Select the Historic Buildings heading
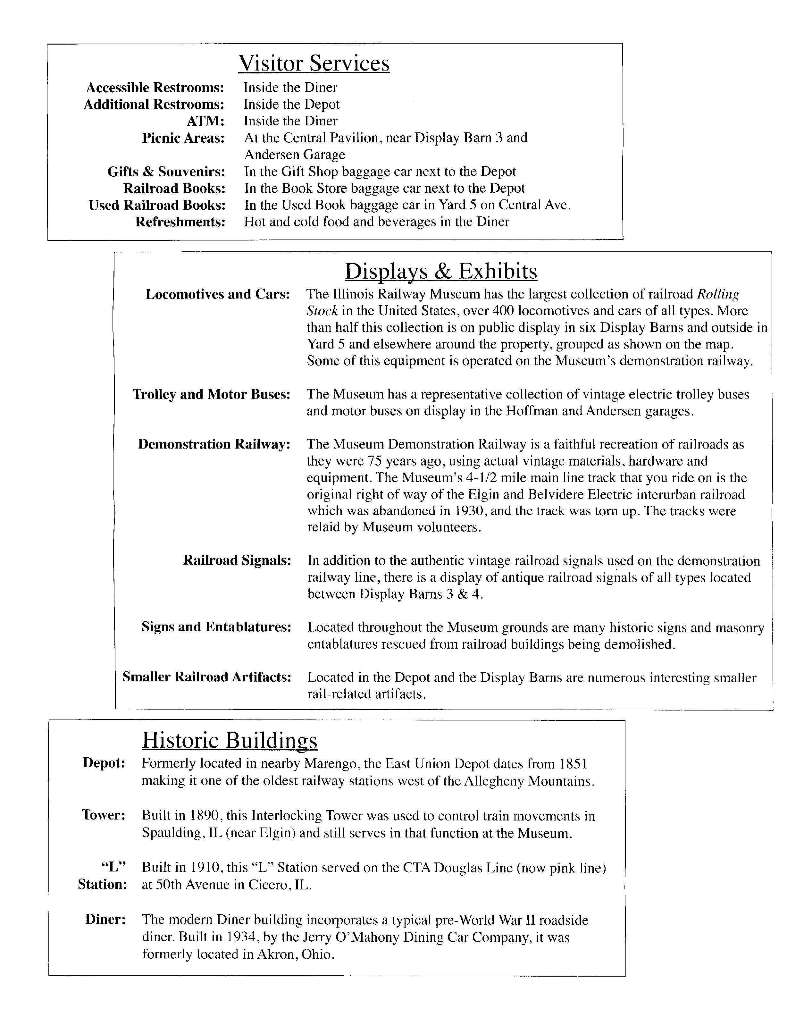(x=229, y=740)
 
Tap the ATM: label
(x=205, y=121)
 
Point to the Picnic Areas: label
(x=183, y=138)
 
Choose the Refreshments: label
(x=180, y=222)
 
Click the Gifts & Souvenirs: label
(x=166, y=172)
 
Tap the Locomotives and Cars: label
(x=218, y=294)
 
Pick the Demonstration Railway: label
(x=214, y=444)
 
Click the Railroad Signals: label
(x=237, y=560)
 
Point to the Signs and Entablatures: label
(x=216, y=626)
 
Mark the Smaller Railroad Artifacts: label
(x=206, y=677)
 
